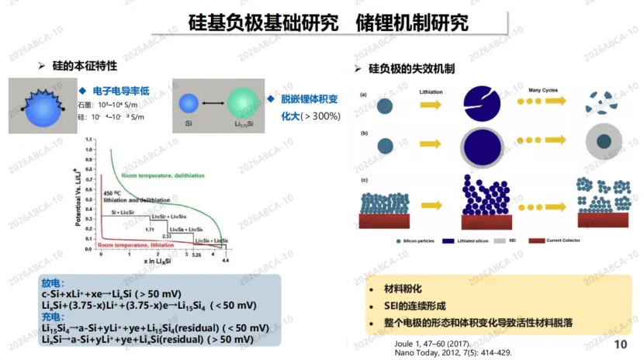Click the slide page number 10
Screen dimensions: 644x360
click(x=620, y=344)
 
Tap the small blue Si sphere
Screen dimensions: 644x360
click(x=189, y=104)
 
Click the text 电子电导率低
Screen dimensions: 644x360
click(x=120, y=90)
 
